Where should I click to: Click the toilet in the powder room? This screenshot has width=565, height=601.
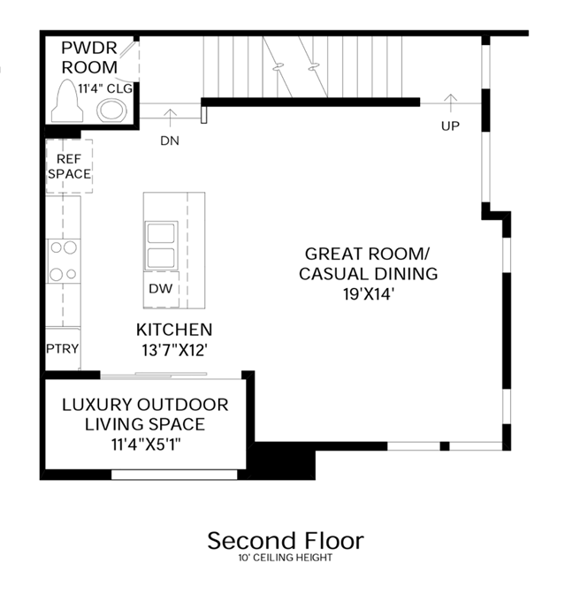pos(67,101)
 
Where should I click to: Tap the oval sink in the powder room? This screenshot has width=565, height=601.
pos(111,110)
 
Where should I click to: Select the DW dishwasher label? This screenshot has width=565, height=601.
pos(161,289)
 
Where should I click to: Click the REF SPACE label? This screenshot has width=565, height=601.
pos(69,166)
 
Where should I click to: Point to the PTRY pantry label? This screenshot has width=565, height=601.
pos(63,349)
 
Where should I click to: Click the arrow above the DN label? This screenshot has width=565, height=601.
pos(170,118)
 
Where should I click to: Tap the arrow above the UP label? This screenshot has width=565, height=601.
pos(451,103)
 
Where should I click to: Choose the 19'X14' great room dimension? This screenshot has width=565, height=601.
pos(369,294)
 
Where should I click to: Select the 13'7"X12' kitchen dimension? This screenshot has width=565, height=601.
pos(174,350)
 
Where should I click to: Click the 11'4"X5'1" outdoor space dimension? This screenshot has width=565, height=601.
pos(146,445)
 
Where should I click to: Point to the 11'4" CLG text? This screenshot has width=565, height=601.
pos(105,89)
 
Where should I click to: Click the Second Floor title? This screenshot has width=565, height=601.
pos(286,541)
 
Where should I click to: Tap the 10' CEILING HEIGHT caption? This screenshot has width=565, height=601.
pos(286,558)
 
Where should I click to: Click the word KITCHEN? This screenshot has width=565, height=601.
pos(174,330)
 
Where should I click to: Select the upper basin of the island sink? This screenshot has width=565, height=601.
pos(161,233)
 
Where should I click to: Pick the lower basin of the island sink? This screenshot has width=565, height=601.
pos(161,258)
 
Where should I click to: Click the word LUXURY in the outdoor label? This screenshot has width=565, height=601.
pos(97,405)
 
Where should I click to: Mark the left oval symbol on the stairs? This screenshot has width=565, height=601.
pos(279,67)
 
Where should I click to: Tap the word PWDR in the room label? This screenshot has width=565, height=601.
pos(89,48)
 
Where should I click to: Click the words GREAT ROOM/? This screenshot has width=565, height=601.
pos(368,254)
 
